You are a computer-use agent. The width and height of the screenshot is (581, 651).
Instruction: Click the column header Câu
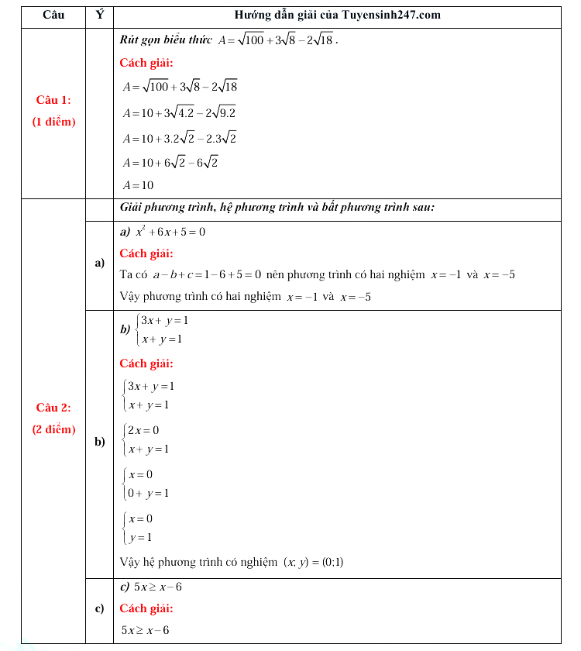click(53, 15)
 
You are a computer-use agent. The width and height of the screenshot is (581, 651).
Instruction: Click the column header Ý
click(99, 15)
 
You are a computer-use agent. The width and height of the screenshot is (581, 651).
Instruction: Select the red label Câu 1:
click(53, 100)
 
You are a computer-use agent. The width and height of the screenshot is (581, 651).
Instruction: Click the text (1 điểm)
click(53, 122)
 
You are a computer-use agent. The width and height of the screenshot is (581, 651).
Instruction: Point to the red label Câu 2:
click(53, 408)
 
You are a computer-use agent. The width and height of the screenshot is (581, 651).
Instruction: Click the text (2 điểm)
click(53, 429)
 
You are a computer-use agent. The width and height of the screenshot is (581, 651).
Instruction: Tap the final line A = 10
click(139, 186)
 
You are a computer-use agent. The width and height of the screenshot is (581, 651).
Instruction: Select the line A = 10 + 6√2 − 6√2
click(170, 162)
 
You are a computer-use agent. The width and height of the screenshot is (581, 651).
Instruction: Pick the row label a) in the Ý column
click(99, 263)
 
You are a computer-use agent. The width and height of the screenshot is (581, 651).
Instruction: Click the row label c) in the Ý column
click(99, 608)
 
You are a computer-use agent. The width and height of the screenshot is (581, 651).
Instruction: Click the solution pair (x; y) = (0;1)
click(314, 563)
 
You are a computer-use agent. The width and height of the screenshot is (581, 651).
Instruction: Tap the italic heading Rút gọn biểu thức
click(166, 40)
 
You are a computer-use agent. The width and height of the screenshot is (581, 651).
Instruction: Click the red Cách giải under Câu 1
click(146, 63)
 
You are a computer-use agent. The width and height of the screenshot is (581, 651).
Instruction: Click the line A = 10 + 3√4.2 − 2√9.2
click(180, 113)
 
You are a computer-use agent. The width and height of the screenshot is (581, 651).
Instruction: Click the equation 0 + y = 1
click(149, 493)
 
